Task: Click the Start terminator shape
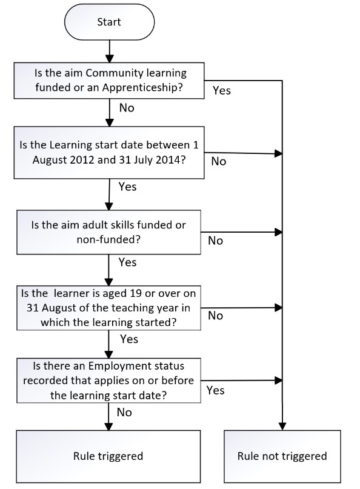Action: click(109, 22)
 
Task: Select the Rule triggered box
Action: click(108, 456)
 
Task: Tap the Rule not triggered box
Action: click(282, 456)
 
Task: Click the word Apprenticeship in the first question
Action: click(142, 88)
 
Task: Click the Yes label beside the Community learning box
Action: click(221, 90)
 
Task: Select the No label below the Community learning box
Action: click(127, 108)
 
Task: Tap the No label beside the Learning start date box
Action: click(218, 161)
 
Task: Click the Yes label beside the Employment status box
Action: click(215, 390)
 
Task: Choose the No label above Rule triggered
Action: click(124, 413)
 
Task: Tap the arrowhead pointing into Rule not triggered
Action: click(282, 427)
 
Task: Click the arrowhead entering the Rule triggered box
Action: click(108, 427)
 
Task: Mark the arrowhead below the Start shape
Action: click(110, 59)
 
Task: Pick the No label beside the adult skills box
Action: click(215, 241)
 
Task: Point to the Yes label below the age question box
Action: click(129, 339)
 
